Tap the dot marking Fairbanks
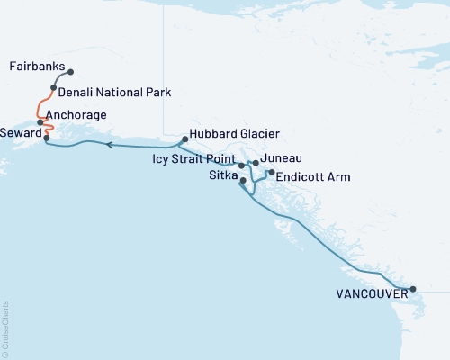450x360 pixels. pos(70,72)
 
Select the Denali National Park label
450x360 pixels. pos(114,92)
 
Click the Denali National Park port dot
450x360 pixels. pos(54,88)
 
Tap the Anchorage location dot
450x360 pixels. pos(40,121)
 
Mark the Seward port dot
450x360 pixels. pos(46,138)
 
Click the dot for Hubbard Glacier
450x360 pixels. pos(184,139)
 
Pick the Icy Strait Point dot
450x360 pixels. pos(241,166)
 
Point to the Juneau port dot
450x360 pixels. pos(256,163)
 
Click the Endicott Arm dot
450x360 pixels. pos(271,172)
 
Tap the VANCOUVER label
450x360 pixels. pos(369,293)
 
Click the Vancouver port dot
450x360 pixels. pos(413,290)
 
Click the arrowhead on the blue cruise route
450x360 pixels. pos(108,143)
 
